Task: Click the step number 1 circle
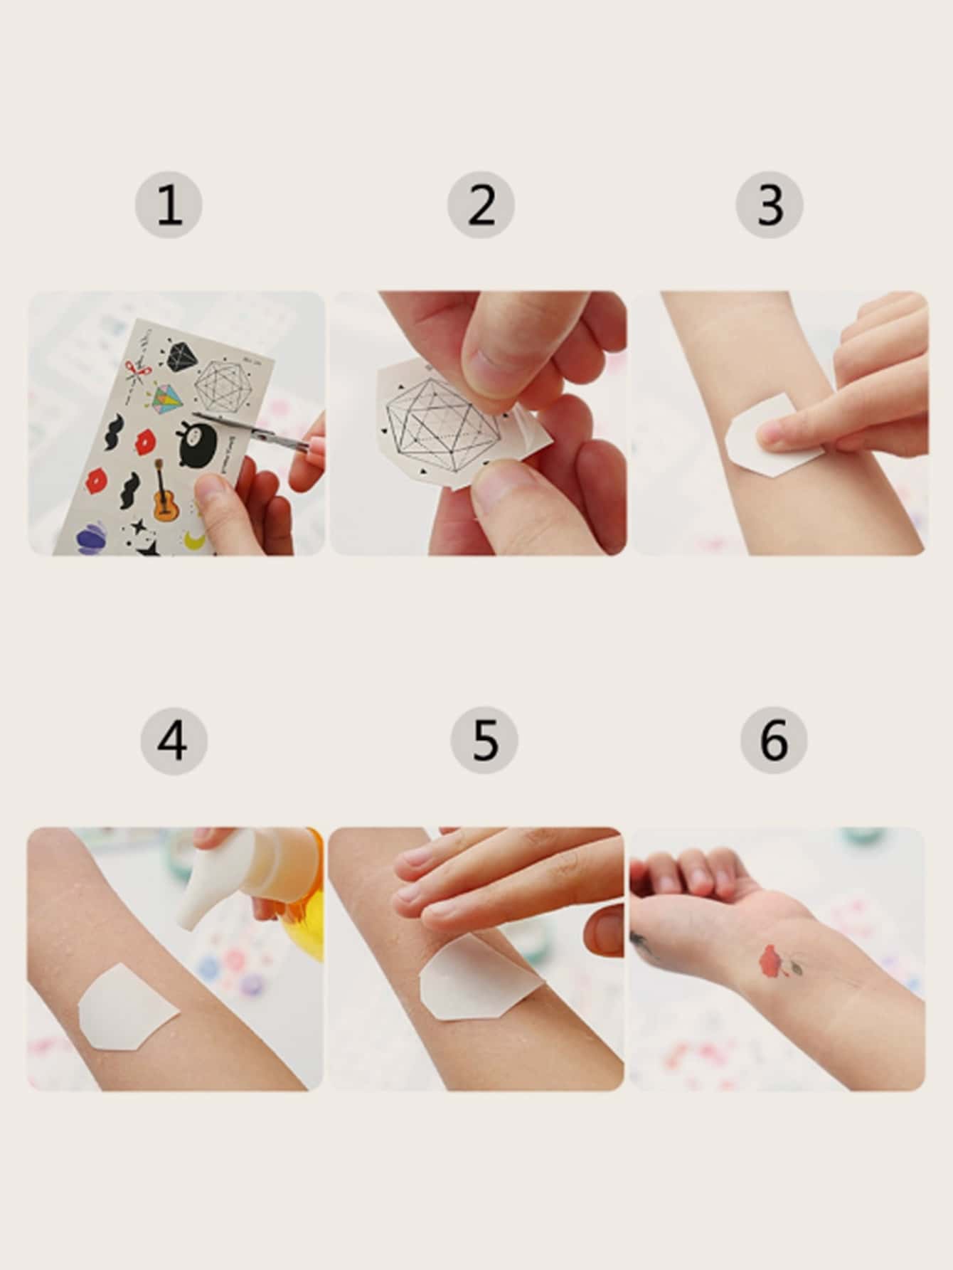point(169,205)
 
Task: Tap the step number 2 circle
point(481,205)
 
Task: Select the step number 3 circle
point(770,205)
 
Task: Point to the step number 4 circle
point(174,740)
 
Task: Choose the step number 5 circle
point(484,740)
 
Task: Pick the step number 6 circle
point(774,740)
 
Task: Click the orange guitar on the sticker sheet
point(164,491)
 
